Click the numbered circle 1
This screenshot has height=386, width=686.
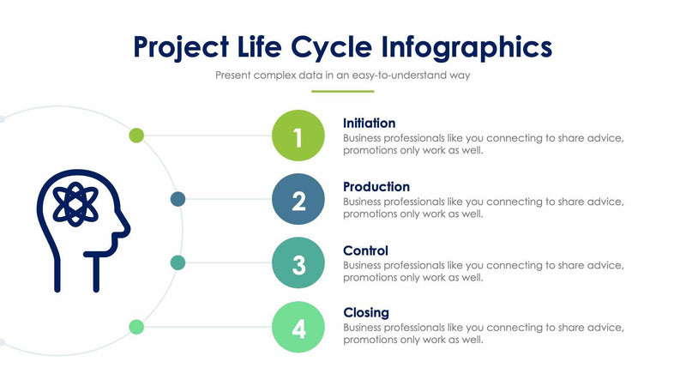(298, 136)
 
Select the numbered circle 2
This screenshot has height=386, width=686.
(298, 200)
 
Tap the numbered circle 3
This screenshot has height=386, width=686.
(298, 264)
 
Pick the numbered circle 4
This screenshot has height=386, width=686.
(298, 328)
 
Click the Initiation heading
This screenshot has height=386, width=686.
(369, 123)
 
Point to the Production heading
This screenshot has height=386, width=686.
(376, 186)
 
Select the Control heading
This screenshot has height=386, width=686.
(365, 250)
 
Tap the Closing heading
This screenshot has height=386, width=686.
(366, 312)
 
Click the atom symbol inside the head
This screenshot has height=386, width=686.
(75, 204)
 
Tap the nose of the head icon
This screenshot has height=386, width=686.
(126, 229)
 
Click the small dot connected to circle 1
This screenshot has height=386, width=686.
(136, 135)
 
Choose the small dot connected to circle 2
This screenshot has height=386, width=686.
(178, 199)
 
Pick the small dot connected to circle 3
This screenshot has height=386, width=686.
(178, 262)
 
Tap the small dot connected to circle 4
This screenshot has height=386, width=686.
(136, 326)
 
